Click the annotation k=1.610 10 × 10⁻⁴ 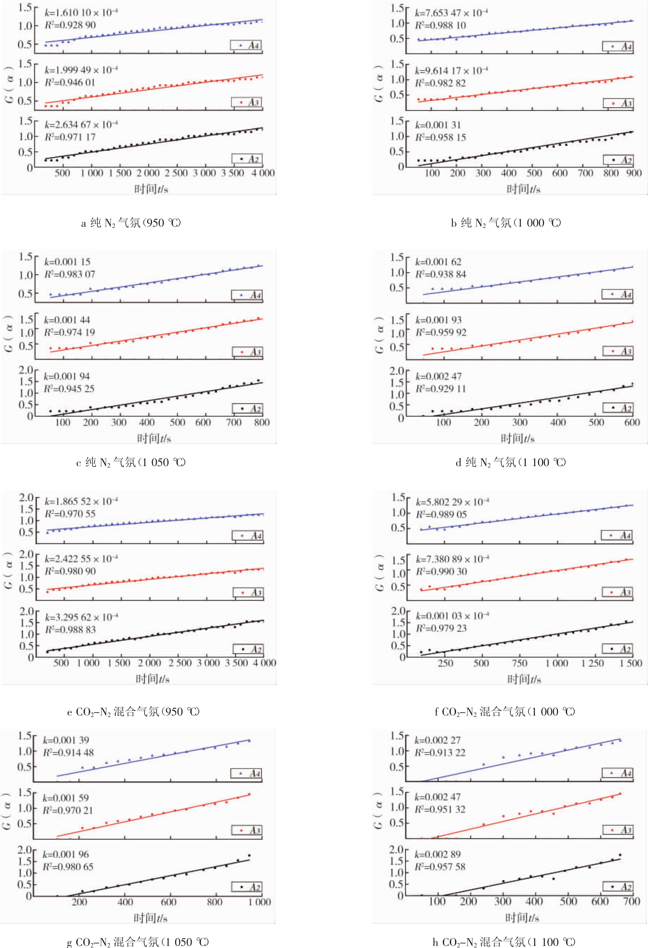[x=81, y=13]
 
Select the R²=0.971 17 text [x=70, y=137]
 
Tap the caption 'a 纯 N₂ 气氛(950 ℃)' [x=131, y=223]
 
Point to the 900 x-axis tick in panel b [x=634, y=173]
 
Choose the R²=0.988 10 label [x=440, y=25]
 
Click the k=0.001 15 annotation [x=67, y=262]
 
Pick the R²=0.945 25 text [x=69, y=389]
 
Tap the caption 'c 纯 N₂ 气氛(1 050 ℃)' [x=131, y=462]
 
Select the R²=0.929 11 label [x=440, y=389]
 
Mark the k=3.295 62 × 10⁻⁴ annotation [x=81, y=617]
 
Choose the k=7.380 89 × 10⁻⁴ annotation [x=452, y=559]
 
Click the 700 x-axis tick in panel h [x=631, y=901]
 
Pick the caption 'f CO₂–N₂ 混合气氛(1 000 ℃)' [x=505, y=712]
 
